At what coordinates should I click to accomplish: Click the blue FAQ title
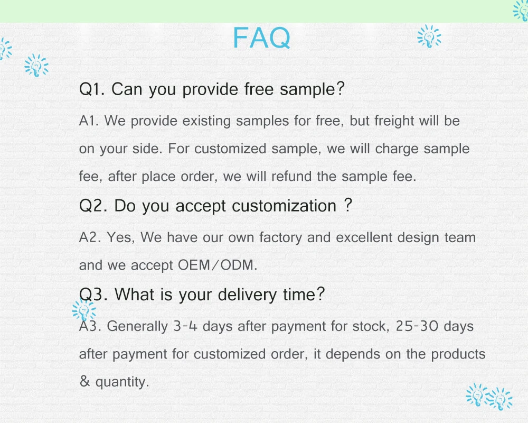point(261,38)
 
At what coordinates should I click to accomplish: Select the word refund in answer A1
point(291,177)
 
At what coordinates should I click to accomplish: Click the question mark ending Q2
point(348,205)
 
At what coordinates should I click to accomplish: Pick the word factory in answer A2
point(280,238)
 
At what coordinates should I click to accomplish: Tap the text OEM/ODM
point(217,265)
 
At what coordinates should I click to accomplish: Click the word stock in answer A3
point(371,326)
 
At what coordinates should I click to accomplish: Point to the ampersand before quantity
point(84,381)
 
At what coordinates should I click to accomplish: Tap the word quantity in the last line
point(122,382)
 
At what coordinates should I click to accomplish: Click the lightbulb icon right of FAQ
point(429,36)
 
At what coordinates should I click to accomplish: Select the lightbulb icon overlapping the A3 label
point(84,310)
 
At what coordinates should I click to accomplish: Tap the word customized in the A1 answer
point(230,149)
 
